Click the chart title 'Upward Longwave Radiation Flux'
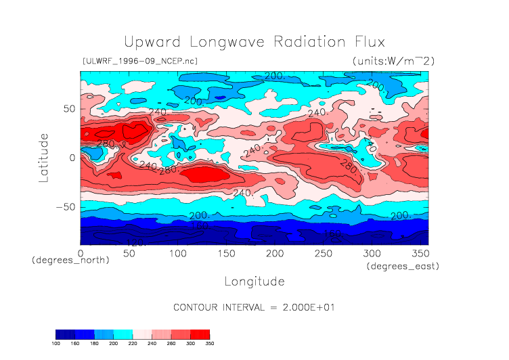coord(254,42)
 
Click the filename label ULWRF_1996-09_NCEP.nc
coord(139,61)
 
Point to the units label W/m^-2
coord(393,61)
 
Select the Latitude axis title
coord(44,157)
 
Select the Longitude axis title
coord(254,281)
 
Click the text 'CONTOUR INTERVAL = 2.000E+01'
coord(254,307)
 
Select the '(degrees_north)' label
coord(70,260)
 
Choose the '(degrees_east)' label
coord(403,267)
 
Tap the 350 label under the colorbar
coord(209,344)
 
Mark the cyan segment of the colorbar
coord(123,334)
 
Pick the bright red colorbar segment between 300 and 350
coord(200,334)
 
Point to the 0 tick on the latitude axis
coord(74,158)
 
